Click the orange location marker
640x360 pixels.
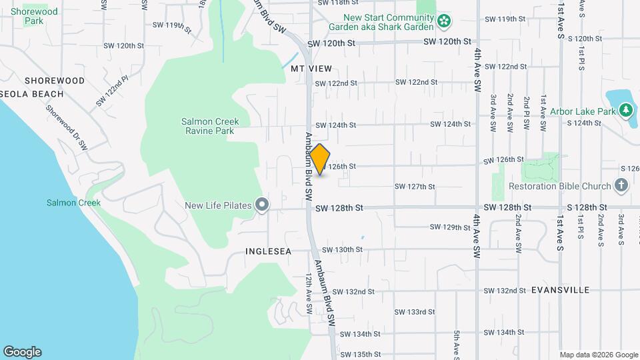[x=320, y=159]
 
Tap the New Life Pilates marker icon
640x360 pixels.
[x=262, y=205]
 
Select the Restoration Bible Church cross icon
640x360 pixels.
[x=621, y=185]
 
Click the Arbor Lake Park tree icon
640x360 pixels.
[x=625, y=111]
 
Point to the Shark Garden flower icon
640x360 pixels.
[x=443, y=23]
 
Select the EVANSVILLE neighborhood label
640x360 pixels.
[x=561, y=290]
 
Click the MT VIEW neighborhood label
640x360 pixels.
[x=311, y=68]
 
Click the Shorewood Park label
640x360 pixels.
[x=34, y=16]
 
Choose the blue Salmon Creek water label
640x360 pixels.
[x=73, y=203]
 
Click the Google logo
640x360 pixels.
[x=22, y=352]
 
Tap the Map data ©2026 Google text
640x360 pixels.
[x=598, y=355]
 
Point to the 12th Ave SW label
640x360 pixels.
[x=309, y=293]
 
